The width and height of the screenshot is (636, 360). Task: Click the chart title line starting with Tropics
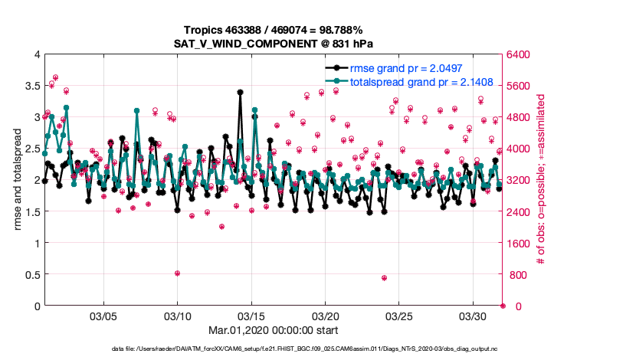[274, 29]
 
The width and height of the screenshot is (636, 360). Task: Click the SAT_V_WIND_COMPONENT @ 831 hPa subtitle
[274, 43]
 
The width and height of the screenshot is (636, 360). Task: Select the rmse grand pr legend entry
[406, 68]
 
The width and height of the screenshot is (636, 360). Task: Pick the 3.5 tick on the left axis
[31, 86]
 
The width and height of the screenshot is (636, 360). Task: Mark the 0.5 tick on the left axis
[31, 275]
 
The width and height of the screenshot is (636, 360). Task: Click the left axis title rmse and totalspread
[19, 180]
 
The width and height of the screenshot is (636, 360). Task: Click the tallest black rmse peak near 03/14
[240, 92]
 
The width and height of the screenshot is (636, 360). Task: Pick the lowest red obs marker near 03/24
[384, 278]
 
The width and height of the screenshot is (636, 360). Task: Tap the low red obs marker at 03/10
[177, 273]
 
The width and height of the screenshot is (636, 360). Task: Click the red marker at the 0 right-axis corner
[503, 306]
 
